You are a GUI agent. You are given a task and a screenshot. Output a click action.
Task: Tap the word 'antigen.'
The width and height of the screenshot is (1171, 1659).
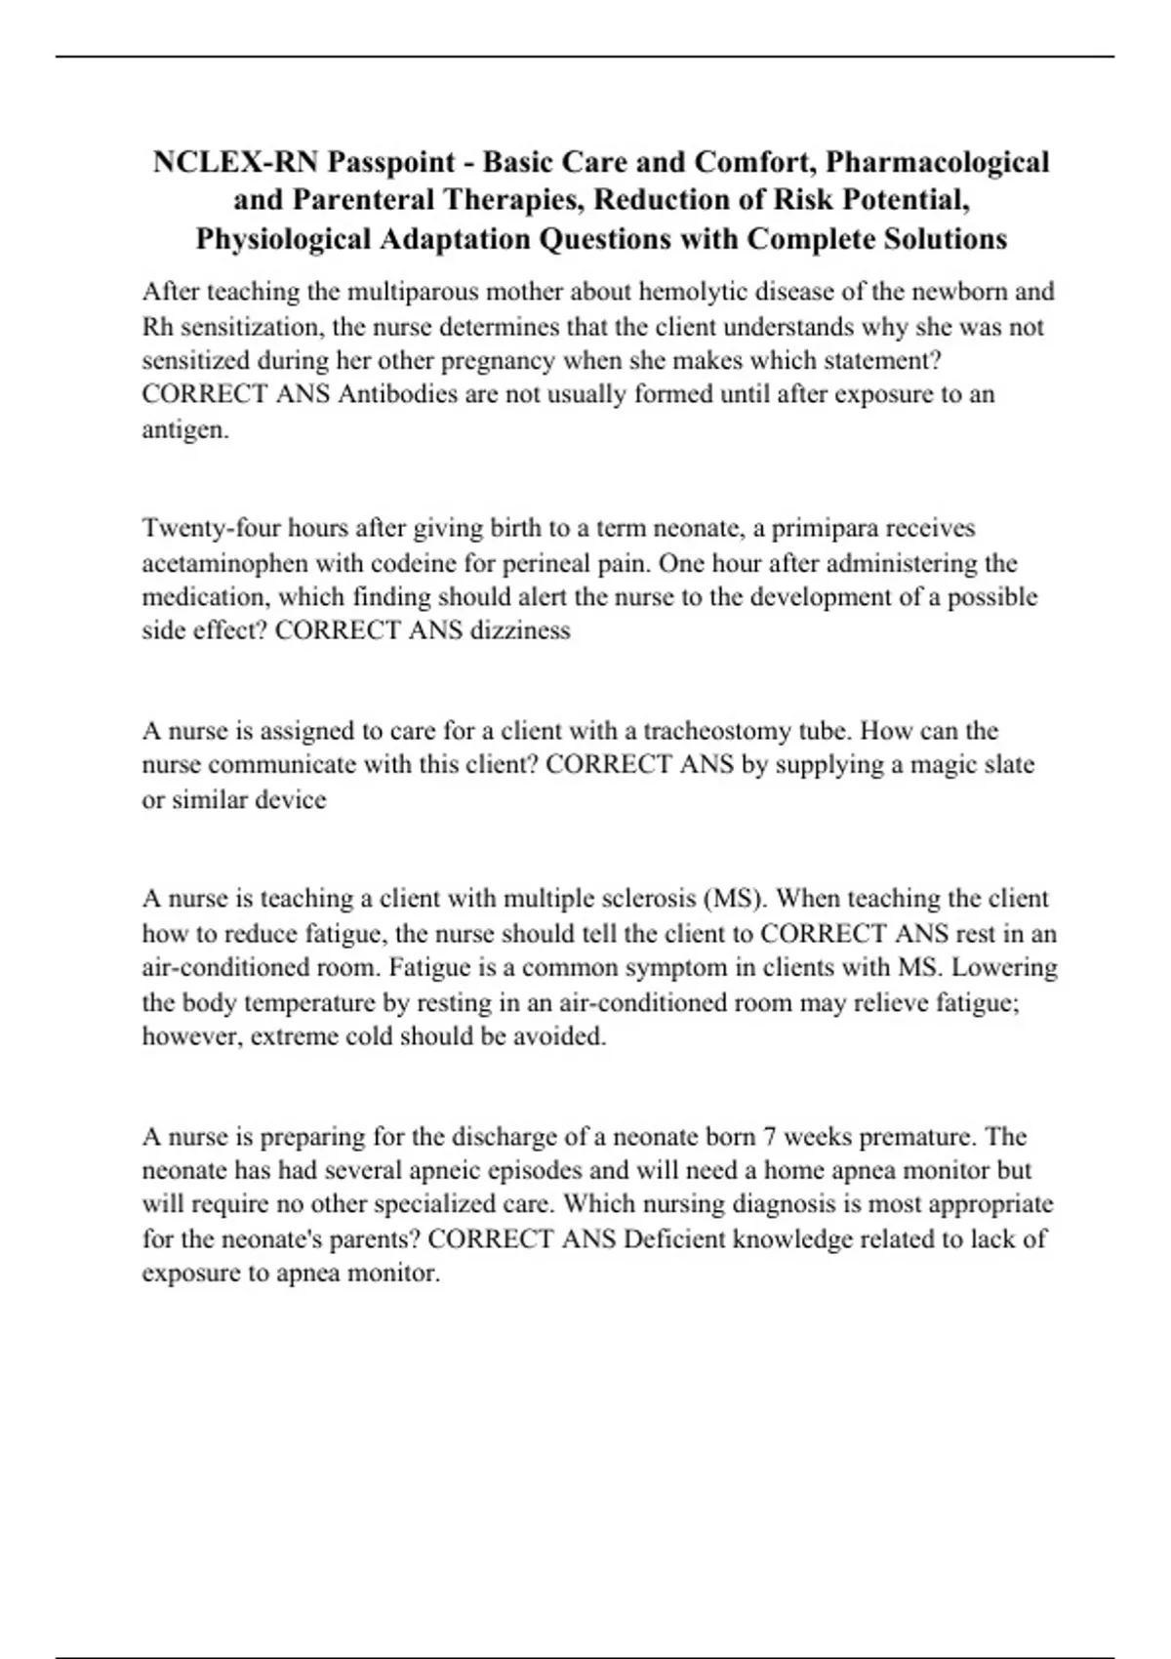(185, 429)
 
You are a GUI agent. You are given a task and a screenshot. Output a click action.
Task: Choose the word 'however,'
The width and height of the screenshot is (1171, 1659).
(192, 1036)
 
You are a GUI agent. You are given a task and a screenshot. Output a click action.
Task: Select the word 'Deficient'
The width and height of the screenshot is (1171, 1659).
(673, 1239)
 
